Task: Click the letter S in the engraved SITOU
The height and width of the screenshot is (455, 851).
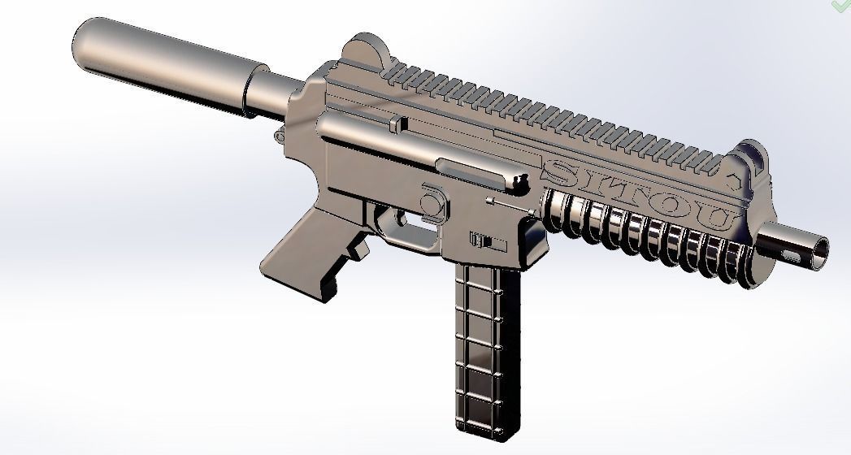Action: tap(560, 171)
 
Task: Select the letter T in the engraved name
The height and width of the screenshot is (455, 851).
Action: tap(630, 193)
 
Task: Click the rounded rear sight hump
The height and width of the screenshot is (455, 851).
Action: tap(363, 49)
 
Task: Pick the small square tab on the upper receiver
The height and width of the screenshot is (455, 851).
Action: tap(397, 123)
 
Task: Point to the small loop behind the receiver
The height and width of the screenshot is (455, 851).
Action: tap(280, 130)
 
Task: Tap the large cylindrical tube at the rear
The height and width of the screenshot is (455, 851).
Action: tap(163, 61)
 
